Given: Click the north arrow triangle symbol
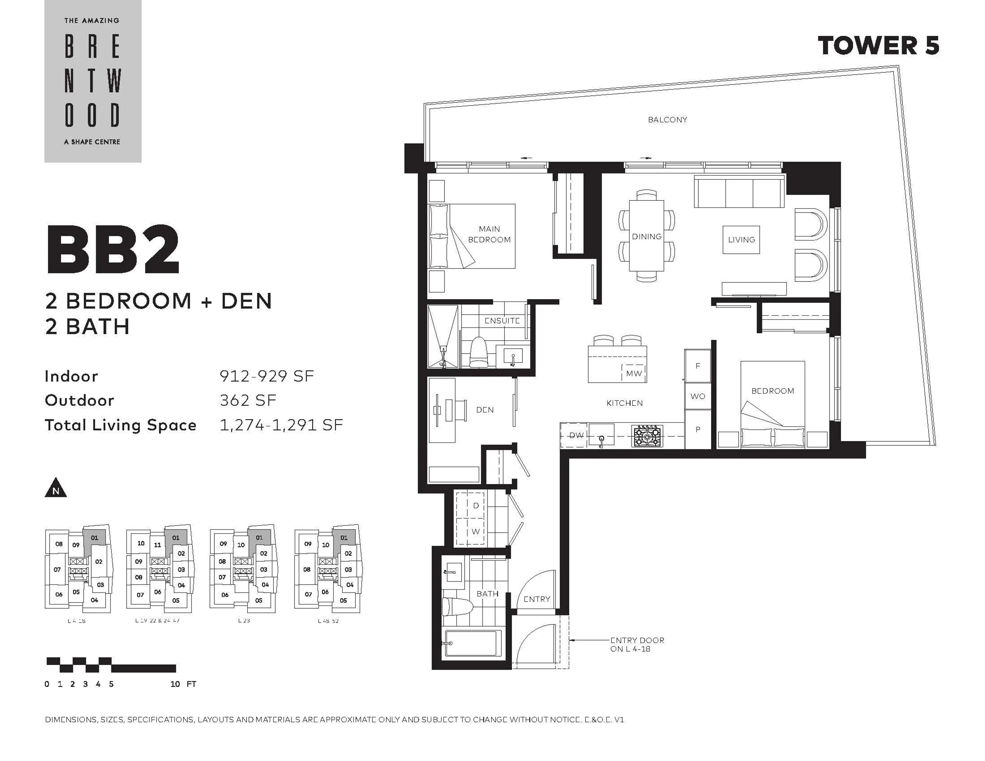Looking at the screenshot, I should click(x=55, y=489).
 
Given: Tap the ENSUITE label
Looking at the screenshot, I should click(x=502, y=321).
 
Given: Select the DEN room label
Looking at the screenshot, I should click(x=485, y=410).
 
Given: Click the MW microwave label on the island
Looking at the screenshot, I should click(x=634, y=373).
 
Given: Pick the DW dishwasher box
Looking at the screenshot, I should click(x=576, y=435).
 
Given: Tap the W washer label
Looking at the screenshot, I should click(x=475, y=531).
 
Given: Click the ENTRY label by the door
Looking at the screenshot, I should click(x=537, y=599).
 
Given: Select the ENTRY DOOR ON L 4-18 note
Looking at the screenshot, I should click(x=637, y=644).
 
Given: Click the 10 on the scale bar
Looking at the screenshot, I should click(x=175, y=684).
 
